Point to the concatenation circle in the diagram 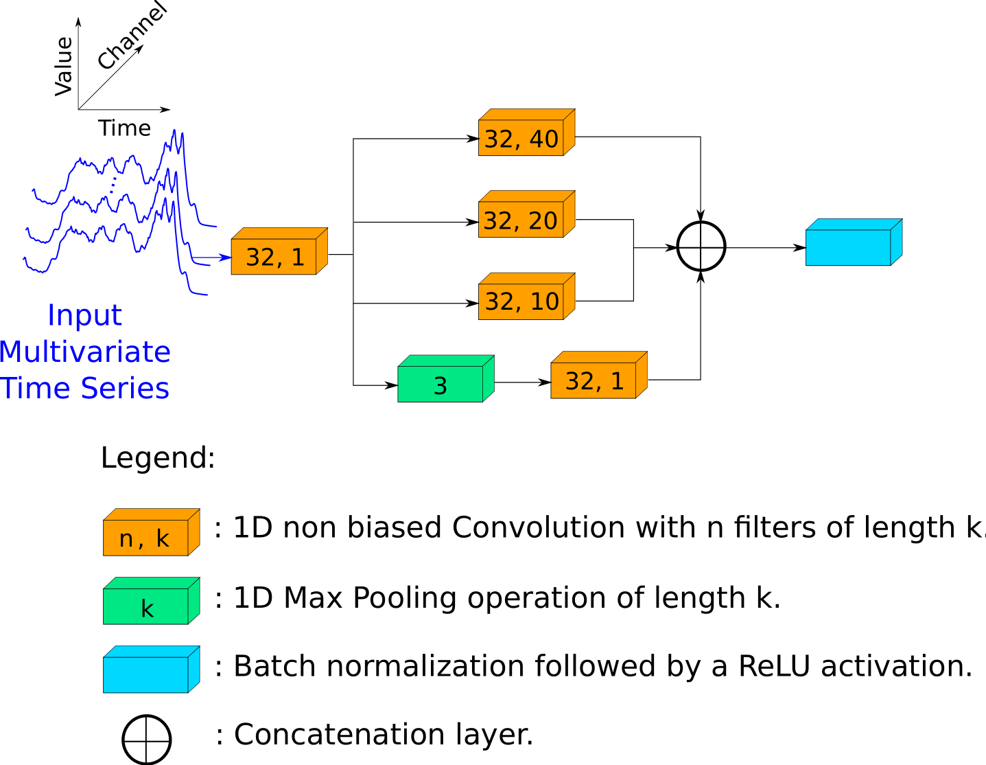coord(701,247)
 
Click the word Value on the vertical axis coord(64,66)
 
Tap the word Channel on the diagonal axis coord(132,36)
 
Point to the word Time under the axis coord(124,128)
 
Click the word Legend coord(158,458)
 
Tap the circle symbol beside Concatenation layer coord(146,740)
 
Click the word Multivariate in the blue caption coord(85,352)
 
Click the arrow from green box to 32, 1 coord(522,382)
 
